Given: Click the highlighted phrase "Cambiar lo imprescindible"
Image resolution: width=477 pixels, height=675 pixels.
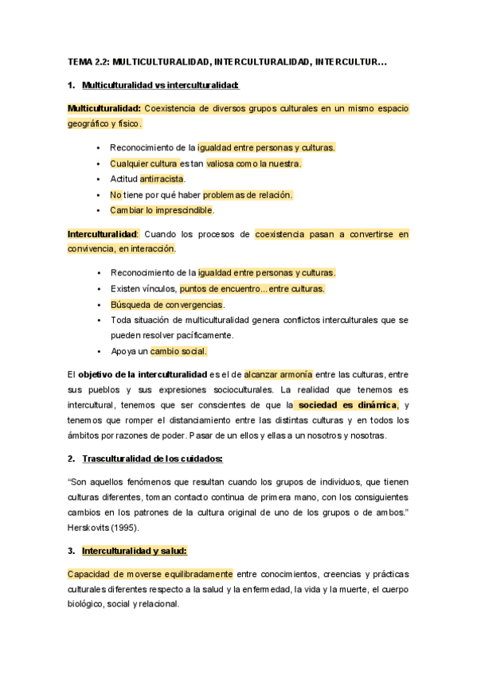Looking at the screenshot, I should click(162, 210).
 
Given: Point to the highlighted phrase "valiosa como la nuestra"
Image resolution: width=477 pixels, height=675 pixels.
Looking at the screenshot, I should click(254, 163).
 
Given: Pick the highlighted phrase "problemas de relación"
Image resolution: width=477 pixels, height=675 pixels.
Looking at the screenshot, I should click(248, 194).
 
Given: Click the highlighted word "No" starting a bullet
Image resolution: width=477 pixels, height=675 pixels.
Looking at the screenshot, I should click(115, 194).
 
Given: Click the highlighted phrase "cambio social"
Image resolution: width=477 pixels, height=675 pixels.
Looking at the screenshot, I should click(178, 351).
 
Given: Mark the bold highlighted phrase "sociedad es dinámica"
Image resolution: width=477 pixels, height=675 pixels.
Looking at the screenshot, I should click(344, 404).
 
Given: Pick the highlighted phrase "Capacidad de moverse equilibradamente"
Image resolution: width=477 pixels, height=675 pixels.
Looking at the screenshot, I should click(150, 573).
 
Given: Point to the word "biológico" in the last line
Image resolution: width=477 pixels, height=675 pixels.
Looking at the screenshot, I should click(88, 603).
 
